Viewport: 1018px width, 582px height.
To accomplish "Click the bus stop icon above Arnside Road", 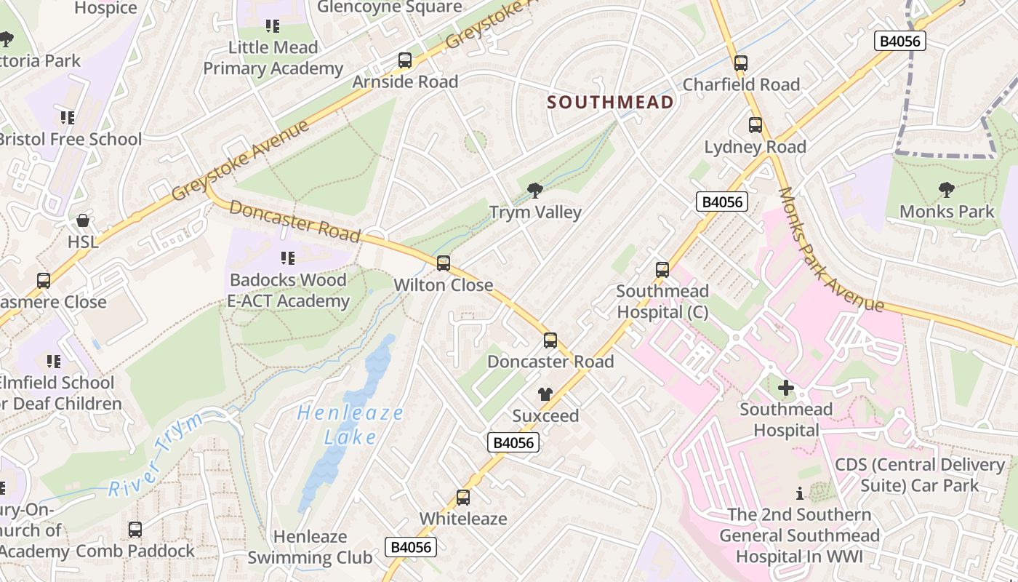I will coord(405,60).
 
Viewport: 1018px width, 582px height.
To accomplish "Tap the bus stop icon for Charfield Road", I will coord(741,63).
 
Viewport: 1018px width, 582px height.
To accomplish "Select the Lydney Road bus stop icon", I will coord(756,125).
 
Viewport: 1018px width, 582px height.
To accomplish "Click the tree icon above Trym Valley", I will coord(535,191).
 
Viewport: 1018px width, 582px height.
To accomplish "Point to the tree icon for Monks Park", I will coord(947,190).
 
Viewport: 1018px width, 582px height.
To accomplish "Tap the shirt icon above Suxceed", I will coord(545,394).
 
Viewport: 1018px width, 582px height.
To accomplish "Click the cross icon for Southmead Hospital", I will coord(786,388).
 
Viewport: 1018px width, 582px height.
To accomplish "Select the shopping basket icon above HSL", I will coord(83,220).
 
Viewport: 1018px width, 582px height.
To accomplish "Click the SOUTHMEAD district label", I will coord(610,103).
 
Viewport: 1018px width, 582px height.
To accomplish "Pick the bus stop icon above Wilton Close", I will coord(444,263).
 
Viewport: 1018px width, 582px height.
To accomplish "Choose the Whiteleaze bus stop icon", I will coord(463,498).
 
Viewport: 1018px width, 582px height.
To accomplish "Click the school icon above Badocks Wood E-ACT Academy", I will coord(288,258).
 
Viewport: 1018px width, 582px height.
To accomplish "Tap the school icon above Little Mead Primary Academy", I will coord(273,26).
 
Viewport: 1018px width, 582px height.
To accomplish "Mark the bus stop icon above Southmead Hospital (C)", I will coord(662,270).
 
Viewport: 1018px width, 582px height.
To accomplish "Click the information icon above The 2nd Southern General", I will coord(800,493).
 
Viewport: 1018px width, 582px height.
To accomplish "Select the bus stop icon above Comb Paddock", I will coord(135,530).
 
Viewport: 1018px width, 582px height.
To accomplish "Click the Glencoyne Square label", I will coord(390,7).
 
